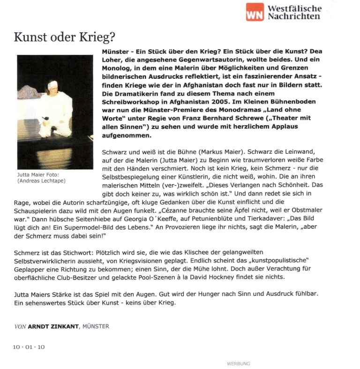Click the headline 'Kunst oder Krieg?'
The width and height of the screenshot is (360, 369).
[x=64, y=37]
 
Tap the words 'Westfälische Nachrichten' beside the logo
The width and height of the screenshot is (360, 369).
[x=294, y=12]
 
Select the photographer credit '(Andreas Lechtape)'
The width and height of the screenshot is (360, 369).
[x=41, y=181]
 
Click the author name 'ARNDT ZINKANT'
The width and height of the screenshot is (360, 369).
[x=53, y=326]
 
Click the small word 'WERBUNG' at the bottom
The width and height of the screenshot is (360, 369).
[x=238, y=363]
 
